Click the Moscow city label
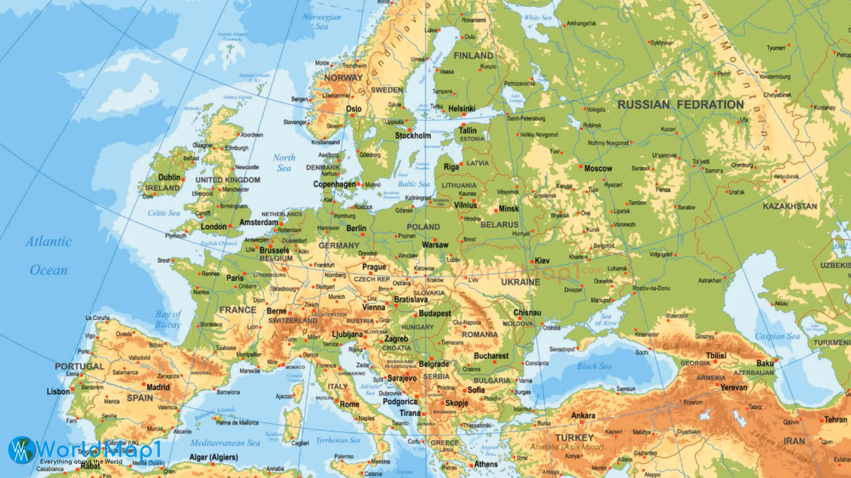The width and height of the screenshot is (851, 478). point(598,169)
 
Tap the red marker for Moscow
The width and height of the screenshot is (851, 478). point(581,167)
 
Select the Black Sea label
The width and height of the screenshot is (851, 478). point(594,366)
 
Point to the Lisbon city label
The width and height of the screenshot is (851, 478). point(58,392)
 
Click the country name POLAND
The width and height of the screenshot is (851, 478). point(423,227)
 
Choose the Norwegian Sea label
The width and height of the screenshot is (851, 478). point(322,22)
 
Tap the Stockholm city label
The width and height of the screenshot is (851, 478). point(413,135)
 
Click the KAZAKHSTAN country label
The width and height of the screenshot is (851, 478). point(790,206)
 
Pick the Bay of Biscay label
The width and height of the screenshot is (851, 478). point(168,319)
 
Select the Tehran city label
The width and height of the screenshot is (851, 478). point(835,420)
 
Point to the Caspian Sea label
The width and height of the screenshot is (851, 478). point(777,336)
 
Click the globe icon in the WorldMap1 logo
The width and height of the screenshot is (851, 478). point(21,450)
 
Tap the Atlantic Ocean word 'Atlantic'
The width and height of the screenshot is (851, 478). point(48,242)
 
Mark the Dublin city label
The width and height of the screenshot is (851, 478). point(169,177)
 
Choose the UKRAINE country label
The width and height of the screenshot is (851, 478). point(520,282)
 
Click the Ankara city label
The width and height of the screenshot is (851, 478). point(583,416)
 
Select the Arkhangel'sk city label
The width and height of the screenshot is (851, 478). point(582,23)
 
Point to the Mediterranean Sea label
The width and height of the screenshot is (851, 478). point(225,443)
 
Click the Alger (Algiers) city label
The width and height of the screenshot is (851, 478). point(214,457)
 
